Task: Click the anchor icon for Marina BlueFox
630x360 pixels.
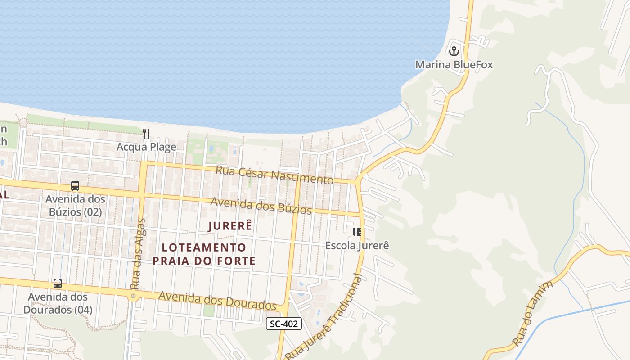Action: pos(454,51)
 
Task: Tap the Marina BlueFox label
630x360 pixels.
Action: pos(454,65)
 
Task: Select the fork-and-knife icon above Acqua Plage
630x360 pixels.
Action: pos(146,133)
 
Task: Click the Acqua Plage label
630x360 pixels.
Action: pos(146,147)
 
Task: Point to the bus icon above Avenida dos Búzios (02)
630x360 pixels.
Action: pos(75,186)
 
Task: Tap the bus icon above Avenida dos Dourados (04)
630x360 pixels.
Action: pos(58,283)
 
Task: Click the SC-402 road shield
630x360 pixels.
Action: pos(283,323)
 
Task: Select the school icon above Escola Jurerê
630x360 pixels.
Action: pos(357,232)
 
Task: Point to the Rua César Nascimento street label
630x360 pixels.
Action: pos(274,175)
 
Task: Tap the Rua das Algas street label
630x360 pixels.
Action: pos(138,254)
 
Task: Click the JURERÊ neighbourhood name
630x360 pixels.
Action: pos(230,226)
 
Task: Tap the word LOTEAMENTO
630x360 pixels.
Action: pos(204,247)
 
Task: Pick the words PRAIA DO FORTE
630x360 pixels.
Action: pos(204,261)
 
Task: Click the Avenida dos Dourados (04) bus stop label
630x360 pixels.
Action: pos(58,303)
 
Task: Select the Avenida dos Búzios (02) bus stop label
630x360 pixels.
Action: pos(75,205)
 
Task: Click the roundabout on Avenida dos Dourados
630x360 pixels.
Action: pos(133,296)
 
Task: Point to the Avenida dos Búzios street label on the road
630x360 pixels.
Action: pos(261,206)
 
